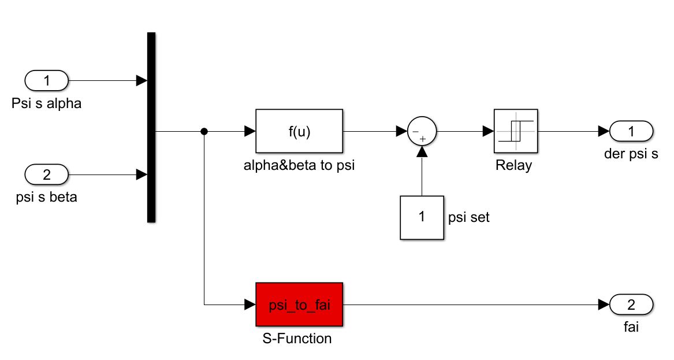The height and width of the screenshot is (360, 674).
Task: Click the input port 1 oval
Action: [46, 80]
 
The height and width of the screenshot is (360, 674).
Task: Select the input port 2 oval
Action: [46, 175]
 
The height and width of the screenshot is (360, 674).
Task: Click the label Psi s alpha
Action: [46, 103]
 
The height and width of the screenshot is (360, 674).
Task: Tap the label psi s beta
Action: [46, 197]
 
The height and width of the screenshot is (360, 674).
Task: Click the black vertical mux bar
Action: [151, 127]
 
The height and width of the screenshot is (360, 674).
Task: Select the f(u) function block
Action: [299, 131]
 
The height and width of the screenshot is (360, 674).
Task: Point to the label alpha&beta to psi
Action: [299, 165]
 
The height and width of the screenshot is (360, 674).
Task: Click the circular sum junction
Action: [422, 131]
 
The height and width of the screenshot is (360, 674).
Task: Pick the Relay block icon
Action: [516, 131]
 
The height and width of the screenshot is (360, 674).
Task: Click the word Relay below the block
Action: [513, 165]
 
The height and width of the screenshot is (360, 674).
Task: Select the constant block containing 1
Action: [422, 218]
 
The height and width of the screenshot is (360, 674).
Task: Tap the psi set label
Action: [468, 217]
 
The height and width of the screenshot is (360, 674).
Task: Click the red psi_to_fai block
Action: [299, 305]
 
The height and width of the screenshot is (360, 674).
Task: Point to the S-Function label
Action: [297, 339]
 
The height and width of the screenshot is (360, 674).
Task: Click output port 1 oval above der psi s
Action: [631, 131]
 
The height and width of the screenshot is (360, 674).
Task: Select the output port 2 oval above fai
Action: [631, 305]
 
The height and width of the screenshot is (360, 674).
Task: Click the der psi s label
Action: [631, 154]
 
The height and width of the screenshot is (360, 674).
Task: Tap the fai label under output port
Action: [631, 327]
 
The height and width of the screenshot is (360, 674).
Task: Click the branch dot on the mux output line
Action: [204, 131]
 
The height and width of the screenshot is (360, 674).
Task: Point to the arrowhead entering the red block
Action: [250, 305]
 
